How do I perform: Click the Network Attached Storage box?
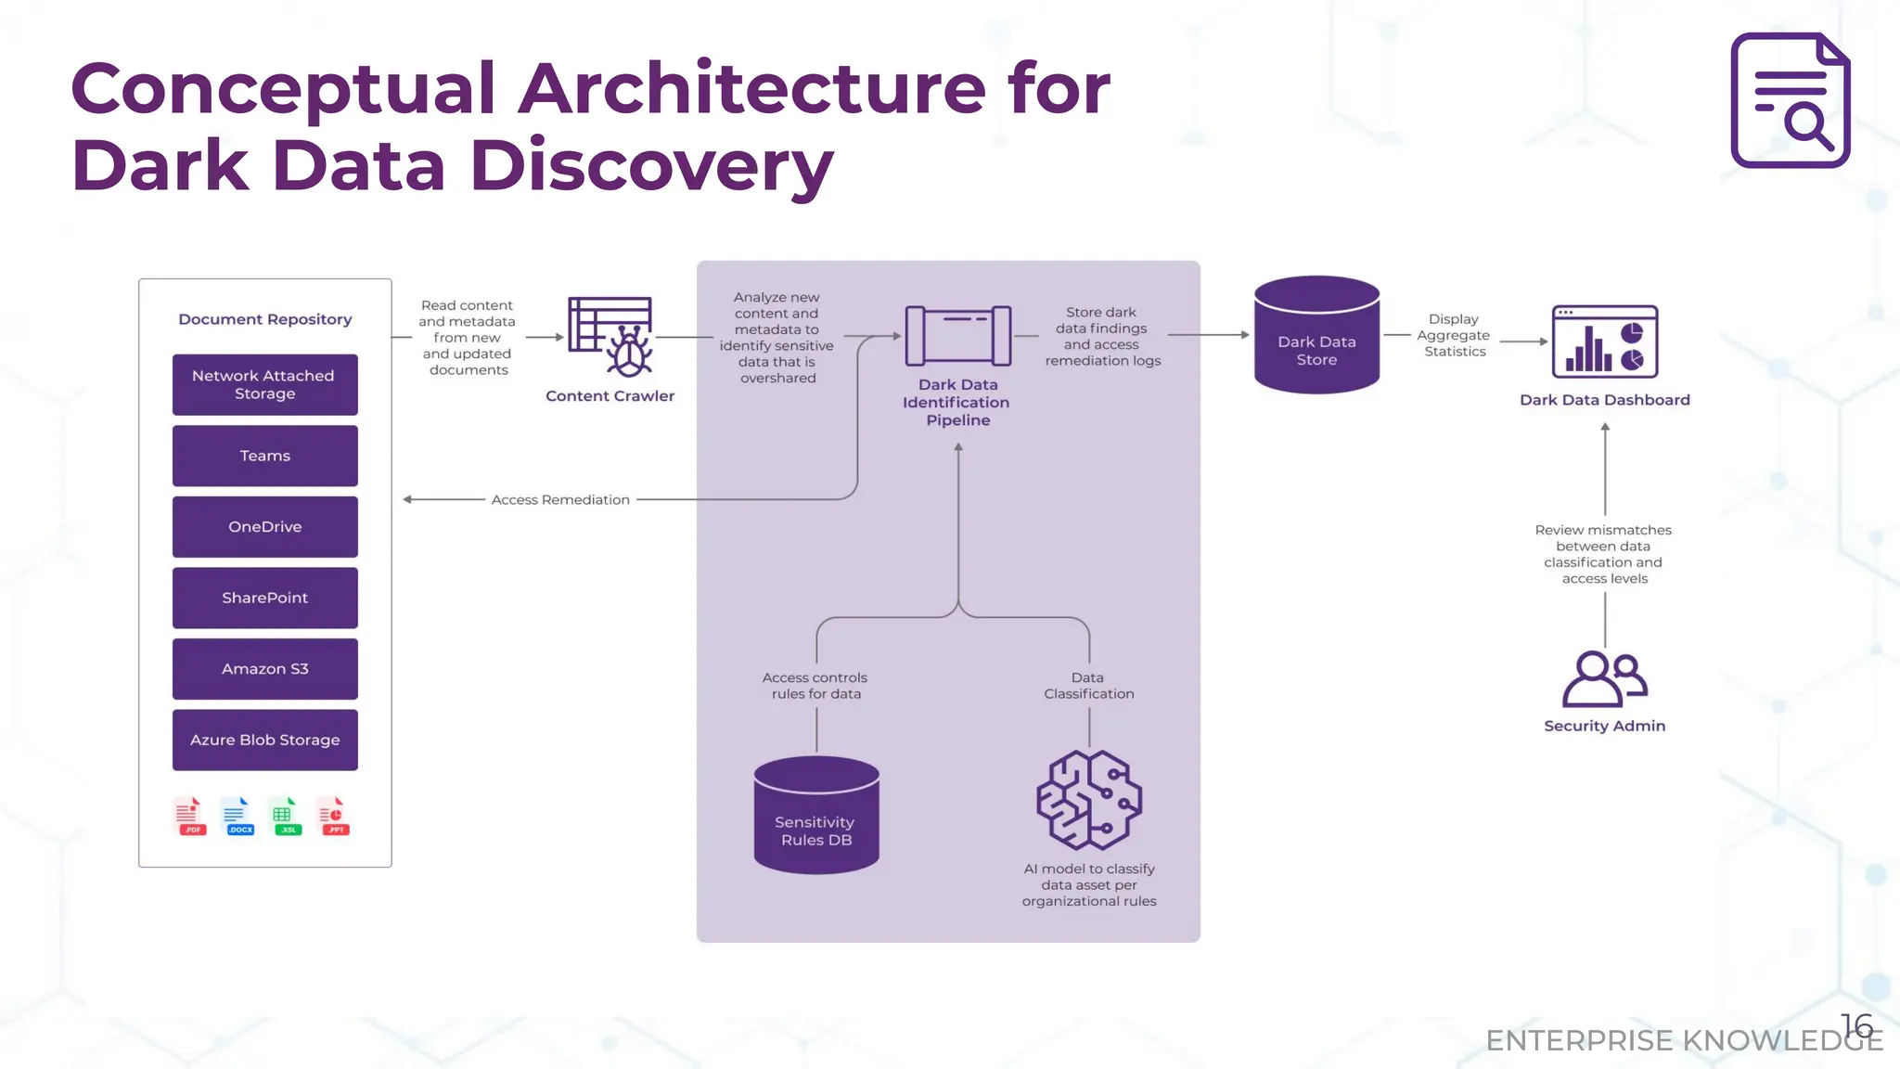click(264, 384)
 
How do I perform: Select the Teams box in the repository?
click(264, 456)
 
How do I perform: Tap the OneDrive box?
click(264, 526)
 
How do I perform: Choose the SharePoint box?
click(264, 598)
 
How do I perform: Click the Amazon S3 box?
click(264, 669)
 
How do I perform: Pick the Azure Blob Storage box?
click(264, 740)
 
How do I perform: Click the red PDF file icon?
click(190, 816)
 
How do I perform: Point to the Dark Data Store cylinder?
click(1316, 335)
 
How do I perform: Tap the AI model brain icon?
click(1089, 800)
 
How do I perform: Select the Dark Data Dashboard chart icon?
click(1604, 341)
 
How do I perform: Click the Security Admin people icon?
click(1604, 679)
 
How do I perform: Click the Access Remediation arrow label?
click(560, 499)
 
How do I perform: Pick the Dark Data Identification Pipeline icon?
click(957, 335)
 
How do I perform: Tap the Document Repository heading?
click(265, 319)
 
